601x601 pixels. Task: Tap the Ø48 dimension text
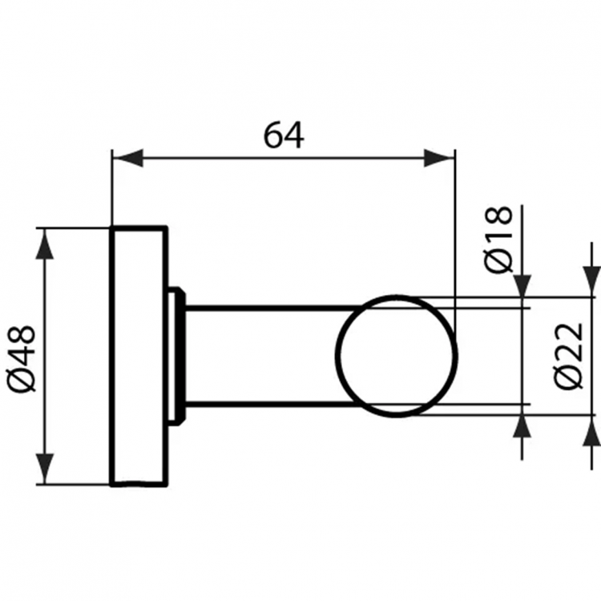pos(25,357)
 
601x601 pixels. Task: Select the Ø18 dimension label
pos(499,240)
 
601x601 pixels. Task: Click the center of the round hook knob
pos(396,355)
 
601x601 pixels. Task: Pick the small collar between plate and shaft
pos(176,355)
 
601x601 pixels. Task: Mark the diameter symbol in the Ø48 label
pos(25,380)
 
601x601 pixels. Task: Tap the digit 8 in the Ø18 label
pos(499,218)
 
